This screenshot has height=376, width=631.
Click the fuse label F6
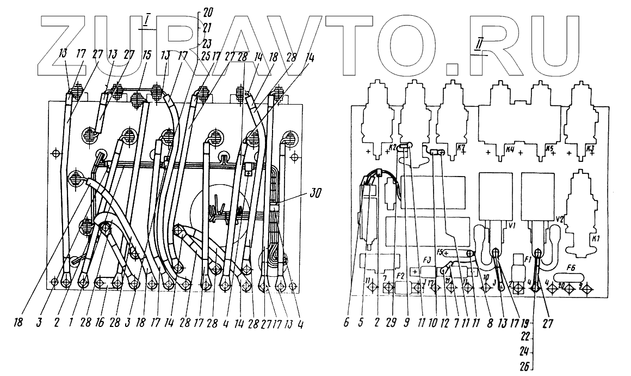tap(571, 268)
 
